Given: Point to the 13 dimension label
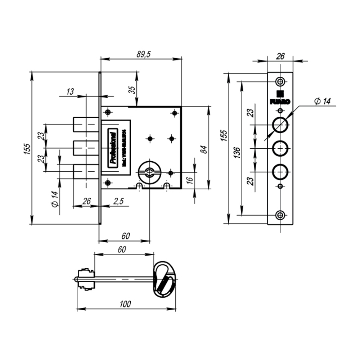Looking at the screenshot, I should click(70, 92).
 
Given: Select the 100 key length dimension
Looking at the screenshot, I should click(125, 304).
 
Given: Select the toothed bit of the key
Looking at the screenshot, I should click(86, 279).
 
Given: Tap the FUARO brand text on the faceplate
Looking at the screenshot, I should click(280, 102).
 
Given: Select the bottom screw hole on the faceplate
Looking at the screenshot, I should click(280, 215).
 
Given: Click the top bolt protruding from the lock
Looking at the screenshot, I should click(86, 124).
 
